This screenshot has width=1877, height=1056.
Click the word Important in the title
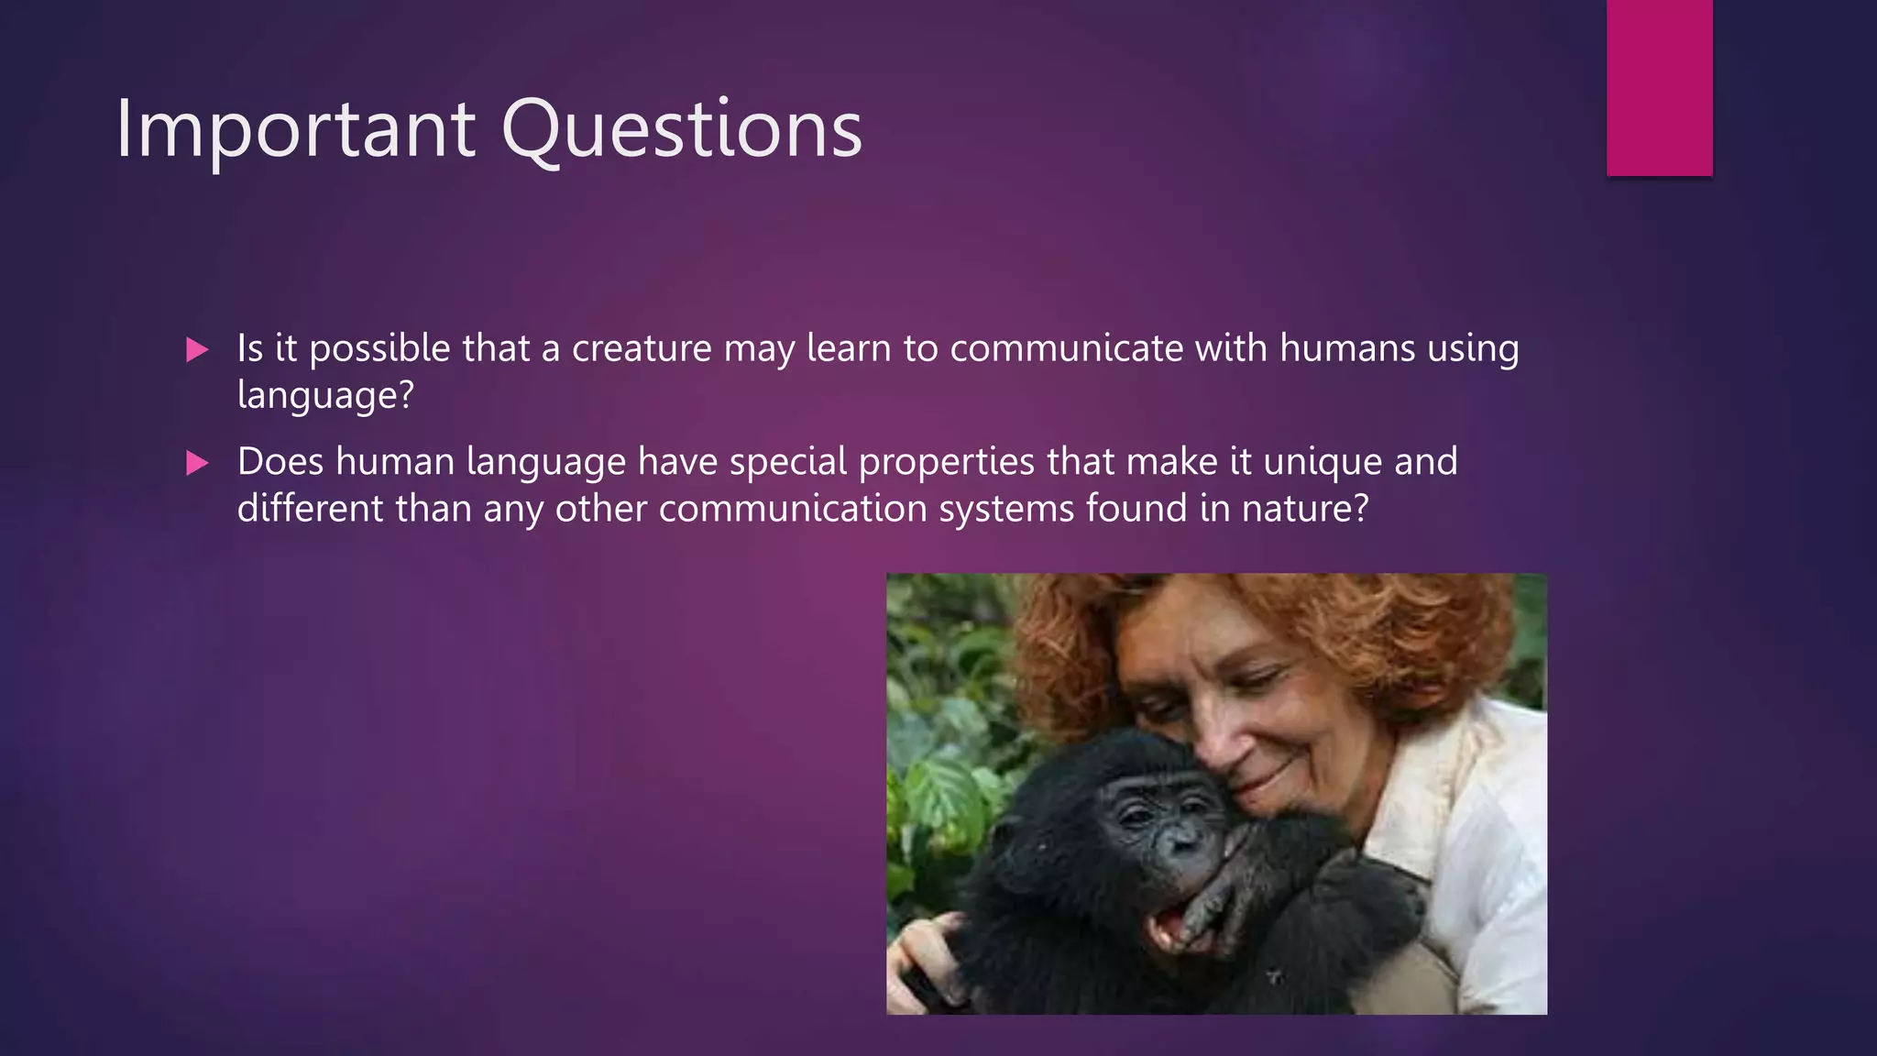[x=295, y=130]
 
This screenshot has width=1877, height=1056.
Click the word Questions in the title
[x=681, y=130]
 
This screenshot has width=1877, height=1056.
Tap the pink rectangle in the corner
[x=1659, y=87]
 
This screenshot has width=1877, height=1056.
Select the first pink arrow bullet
[x=197, y=349]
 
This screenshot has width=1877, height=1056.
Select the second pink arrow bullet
[x=197, y=463]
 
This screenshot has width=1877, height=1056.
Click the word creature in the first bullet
[x=642, y=349]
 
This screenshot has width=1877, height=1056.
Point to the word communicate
[x=1066, y=349]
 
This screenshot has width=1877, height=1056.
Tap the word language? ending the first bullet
[x=325, y=396]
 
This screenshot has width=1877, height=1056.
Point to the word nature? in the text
[x=1304, y=509]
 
